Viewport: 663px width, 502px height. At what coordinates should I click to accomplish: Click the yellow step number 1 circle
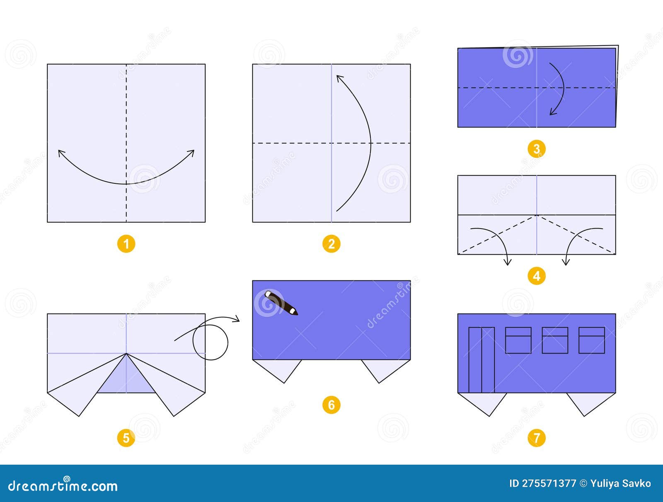[126, 244]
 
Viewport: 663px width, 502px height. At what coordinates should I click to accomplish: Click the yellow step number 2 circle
[331, 244]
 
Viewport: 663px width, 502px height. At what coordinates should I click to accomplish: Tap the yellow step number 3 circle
[537, 149]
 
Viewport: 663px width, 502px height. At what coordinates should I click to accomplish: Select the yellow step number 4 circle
[537, 276]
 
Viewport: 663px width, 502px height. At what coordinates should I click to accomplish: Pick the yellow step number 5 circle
[126, 438]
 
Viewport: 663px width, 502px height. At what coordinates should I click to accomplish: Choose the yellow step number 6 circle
[331, 405]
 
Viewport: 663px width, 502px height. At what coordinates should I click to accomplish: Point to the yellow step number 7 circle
[537, 438]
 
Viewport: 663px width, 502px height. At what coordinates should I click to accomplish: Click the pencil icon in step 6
[281, 303]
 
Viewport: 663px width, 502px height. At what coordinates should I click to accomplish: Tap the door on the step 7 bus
[482, 360]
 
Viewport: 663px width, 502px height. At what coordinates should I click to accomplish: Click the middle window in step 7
[555, 340]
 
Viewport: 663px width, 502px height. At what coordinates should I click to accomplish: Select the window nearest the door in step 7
[518, 340]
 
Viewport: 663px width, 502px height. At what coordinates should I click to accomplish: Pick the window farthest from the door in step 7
[591, 340]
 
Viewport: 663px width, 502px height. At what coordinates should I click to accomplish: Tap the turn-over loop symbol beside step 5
[211, 342]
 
